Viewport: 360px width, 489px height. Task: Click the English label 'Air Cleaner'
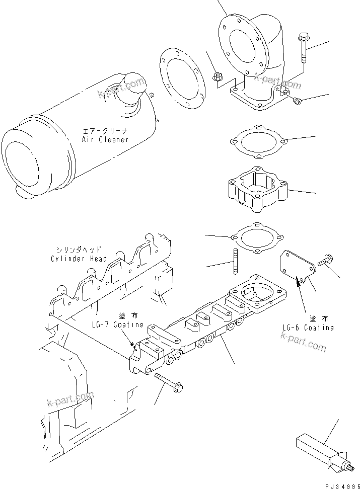tap(105, 139)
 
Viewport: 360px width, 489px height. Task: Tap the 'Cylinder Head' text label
tap(79, 259)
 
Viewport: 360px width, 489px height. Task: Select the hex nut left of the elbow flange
tap(218, 77)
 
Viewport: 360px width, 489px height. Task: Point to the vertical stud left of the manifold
tap(235, 261)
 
